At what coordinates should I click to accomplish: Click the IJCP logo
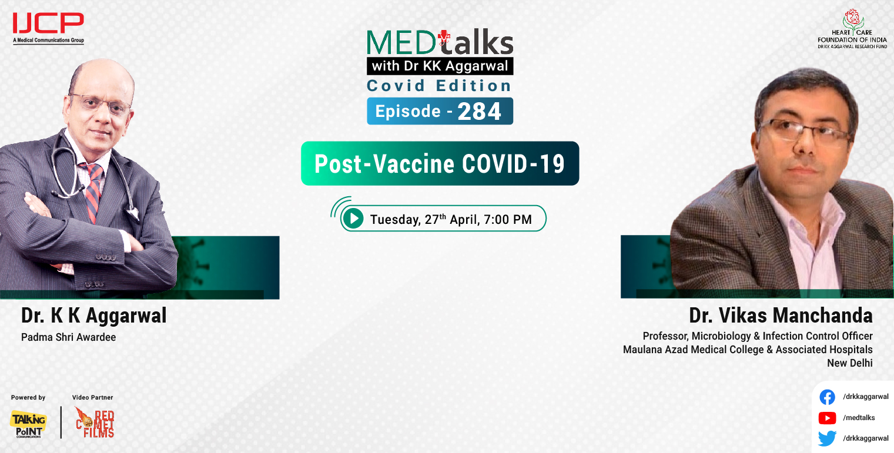point(48,27)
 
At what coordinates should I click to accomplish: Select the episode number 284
point(480,112)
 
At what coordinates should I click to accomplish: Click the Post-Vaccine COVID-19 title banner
point(440,164)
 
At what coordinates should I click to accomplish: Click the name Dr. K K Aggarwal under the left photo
point(94,316)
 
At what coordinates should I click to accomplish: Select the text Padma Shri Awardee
point(68,338)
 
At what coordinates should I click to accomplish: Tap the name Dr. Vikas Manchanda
point(781,316)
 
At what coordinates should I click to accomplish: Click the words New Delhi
point(849,363)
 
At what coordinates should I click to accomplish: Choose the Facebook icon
point(827,397)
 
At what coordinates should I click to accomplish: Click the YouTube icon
point(827,418)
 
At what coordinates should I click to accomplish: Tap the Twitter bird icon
point(827,438)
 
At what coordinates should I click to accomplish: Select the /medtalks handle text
point(859,418)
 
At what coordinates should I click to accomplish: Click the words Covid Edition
point(439,86)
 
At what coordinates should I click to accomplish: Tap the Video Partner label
point(92,398)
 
